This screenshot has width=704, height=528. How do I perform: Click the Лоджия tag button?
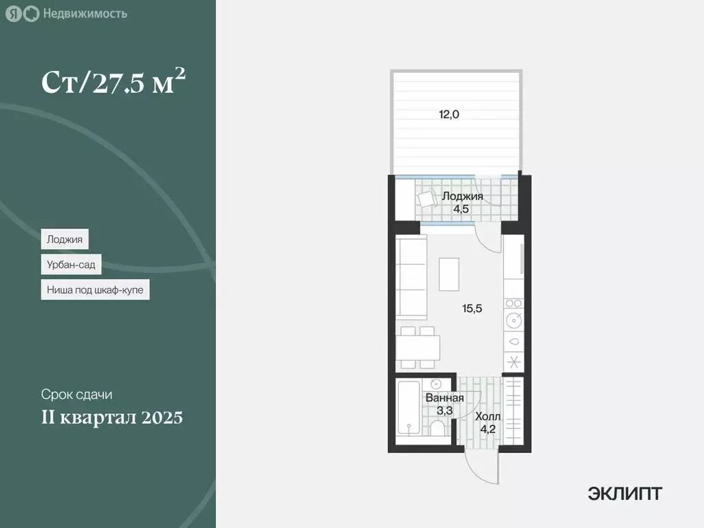click(x=65, y=239)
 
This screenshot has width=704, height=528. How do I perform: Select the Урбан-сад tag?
click(x=71, y=265)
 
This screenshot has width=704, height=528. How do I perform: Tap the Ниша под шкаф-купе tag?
click(x=95, y=290)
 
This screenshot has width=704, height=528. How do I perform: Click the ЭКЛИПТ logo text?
click(x=625, y=493)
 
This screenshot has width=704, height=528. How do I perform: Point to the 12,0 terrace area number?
click(x=449, y=115)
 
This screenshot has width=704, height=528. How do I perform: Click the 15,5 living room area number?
click(x=472, y=309)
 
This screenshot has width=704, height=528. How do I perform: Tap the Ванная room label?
click(x=444, y=398)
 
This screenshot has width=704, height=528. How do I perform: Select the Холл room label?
click(x=488, y=417)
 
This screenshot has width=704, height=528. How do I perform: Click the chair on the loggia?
click(x=428, y=199)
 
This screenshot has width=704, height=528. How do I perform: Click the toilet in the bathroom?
click(x=437, y=428)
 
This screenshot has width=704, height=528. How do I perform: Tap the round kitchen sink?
click(x=514, y=320)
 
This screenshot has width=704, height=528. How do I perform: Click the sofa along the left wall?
click(x=411, y=278)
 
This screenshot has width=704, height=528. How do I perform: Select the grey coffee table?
click(x=450, y=274)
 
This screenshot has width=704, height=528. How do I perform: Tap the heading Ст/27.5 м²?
click(x=113, y=82)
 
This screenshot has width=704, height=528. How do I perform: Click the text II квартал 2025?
click(x=111, y=417)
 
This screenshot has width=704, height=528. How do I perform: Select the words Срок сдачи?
click(x=76, y=395)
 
